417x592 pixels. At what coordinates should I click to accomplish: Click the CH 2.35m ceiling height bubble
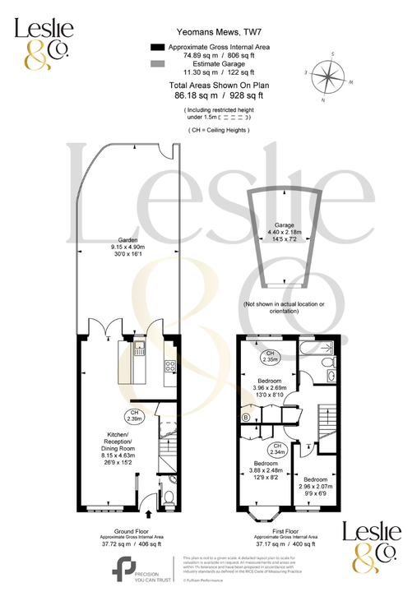point(269,356)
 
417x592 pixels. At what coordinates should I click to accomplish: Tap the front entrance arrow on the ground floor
point(149,514)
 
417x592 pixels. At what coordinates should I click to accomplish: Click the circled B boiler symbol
point(246,417)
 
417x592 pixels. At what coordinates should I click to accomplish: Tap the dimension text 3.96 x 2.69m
point(270,388)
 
